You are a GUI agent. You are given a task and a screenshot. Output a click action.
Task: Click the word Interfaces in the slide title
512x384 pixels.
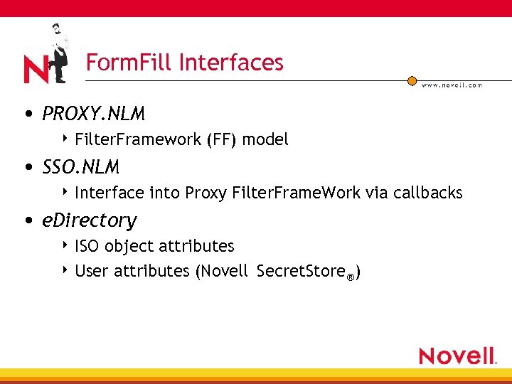tap(231, 63)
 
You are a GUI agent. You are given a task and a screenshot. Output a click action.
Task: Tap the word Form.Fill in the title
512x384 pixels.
tap(129, 63)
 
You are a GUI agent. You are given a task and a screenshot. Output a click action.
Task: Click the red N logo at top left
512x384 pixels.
tap(35, 69)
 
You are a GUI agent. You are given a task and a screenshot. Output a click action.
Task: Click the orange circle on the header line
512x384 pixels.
tap(412, 81)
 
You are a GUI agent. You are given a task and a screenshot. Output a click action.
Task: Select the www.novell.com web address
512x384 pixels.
tap(452, 85)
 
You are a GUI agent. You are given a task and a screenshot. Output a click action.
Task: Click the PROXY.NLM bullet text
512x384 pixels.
tap(93, 114)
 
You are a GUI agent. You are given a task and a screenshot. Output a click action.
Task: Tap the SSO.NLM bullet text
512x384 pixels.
tap(80, 167)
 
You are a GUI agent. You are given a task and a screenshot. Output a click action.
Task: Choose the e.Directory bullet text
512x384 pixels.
tap(89, 220)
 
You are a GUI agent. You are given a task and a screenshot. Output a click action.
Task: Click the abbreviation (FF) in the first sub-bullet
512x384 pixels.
tap(222, 139)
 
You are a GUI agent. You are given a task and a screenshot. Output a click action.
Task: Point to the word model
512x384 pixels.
tap(265, 139)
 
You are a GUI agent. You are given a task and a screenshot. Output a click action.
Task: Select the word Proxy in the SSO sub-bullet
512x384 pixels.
tap(206, 193)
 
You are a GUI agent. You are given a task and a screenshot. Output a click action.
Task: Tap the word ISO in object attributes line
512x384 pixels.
tap(87, 246)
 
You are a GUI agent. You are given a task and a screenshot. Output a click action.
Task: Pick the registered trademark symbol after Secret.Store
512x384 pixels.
tap(350, 276)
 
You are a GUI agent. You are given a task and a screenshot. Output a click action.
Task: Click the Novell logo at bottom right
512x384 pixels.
tap(457, 356)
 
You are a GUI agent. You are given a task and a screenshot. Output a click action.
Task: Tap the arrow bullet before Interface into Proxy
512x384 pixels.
tap(65, 192)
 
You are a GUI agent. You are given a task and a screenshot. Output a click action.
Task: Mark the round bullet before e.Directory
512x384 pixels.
tap(26, 221)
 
